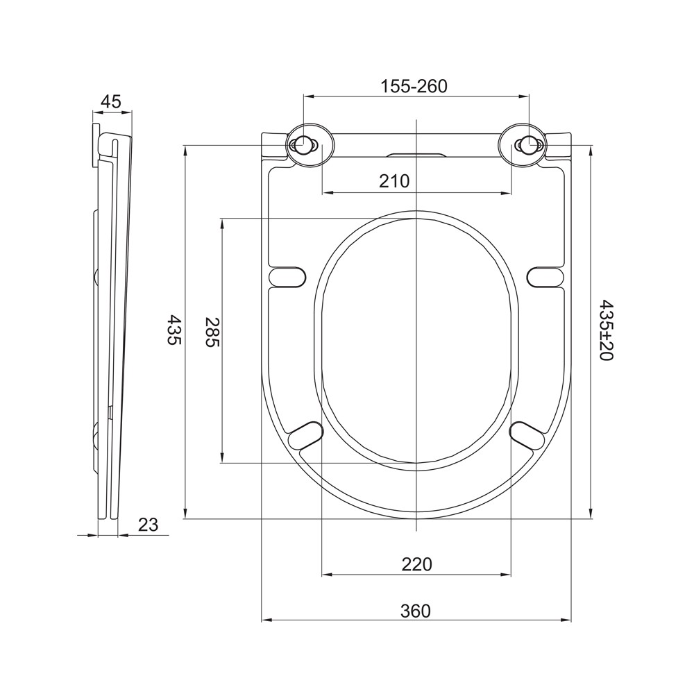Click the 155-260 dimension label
414,86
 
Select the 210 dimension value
394,181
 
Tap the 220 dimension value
416,564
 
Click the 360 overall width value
415,611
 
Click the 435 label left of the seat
174,330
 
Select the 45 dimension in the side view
111,101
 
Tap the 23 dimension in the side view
148,525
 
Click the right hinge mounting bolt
528,146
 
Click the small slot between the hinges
416,153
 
